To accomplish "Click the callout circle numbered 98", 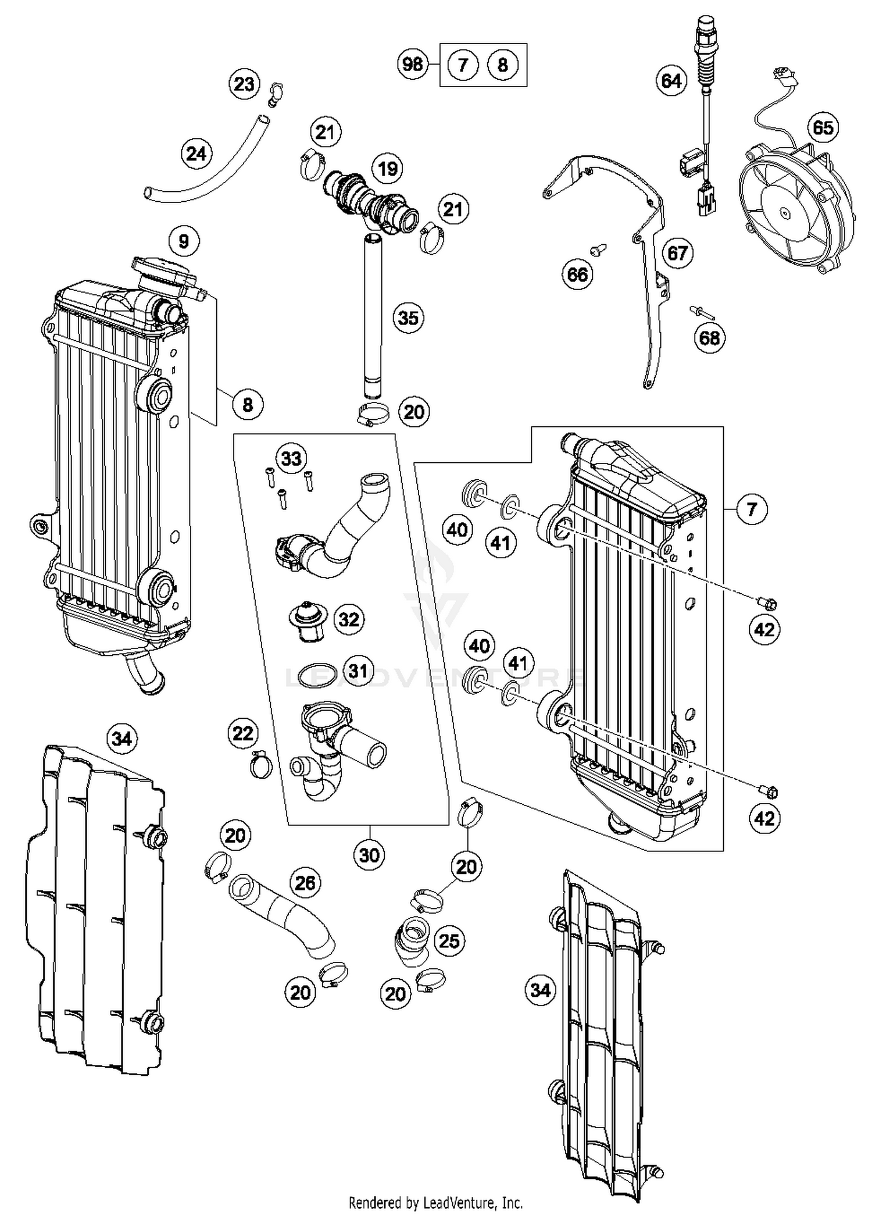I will click(413, 63).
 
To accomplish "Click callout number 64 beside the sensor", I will click(671, 80).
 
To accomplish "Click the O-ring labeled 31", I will click(317, 676).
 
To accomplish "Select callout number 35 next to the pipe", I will click(408, 318).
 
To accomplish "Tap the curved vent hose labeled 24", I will click(209, 169).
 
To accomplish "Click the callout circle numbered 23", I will click(244, 84).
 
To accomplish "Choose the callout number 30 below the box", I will click(369, 855).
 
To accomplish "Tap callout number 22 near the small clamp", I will click(242, 734).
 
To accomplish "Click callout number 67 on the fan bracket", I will click(678, 253).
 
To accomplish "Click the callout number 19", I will click(388, 169).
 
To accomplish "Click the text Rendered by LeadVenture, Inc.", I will click(435, 1202).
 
